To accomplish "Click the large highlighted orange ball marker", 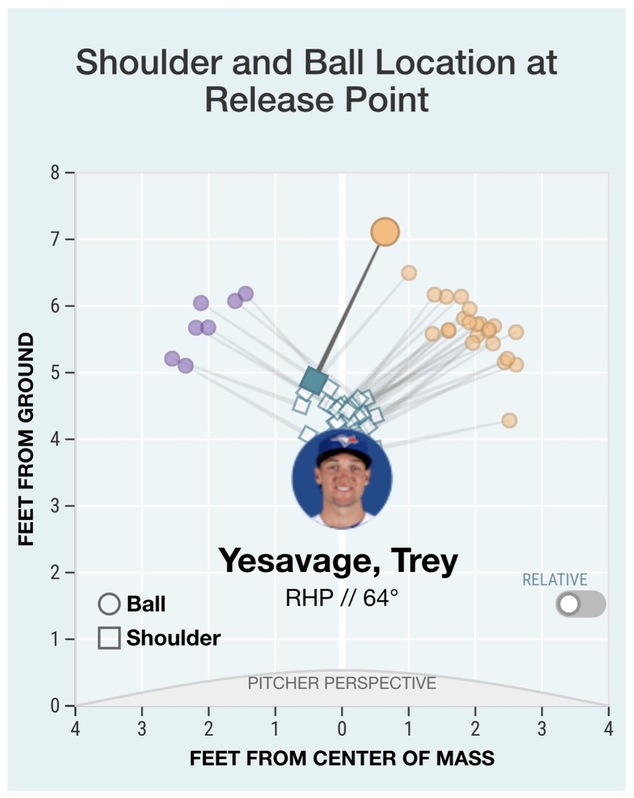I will click(x=385, y=232).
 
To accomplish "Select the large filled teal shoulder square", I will click(x=313, y=380).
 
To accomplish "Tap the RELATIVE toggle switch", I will click(x=580, y=604).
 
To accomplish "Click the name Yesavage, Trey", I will click(x=338, y=561).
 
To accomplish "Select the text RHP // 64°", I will click(x=342, y=598).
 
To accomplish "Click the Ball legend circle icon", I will click(x=109, y=604).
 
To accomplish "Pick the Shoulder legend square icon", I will click(x=109, y=638).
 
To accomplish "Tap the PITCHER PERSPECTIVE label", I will click(x=342, y=683).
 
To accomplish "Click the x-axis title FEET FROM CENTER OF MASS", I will click(x=342, y=758).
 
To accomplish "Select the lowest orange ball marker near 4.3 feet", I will click(x=509, y=420).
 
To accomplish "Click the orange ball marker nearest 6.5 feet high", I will click(x=408, y=273).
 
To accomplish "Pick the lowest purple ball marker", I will click(x=186, y=366).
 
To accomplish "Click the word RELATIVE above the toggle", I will click(x=554, y=580).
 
